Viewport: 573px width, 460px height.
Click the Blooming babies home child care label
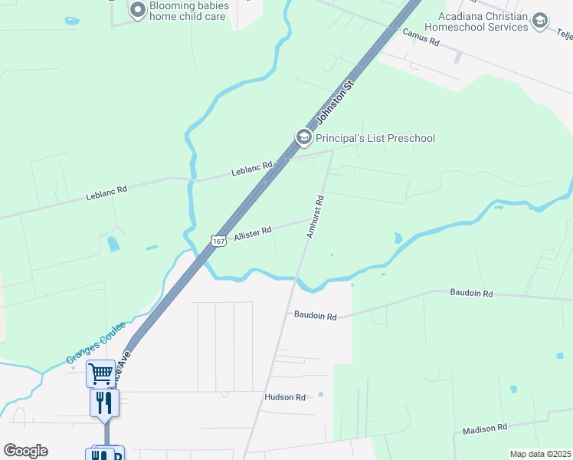[x=188, y=11]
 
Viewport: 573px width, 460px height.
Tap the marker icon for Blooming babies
[x=138, y=10]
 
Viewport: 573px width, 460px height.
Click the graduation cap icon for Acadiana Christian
[x=540, y=21]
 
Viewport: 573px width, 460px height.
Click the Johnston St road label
[x=338, y=103]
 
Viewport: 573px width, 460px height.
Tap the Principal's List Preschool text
[x=375, y=138]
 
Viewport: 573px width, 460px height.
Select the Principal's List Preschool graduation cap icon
[x=303, y=137]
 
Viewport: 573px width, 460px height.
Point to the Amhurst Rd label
[x=316, y=216]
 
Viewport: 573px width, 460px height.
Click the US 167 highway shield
[x=219, y=241]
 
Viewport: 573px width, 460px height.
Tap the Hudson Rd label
[x=285, y=397]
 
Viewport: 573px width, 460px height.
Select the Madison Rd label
[x=485, y=428]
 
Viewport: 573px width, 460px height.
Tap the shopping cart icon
[x=101, y=373]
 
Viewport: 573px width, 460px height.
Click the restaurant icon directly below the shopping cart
[x=104, y=402]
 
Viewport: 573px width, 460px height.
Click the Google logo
[x=25, y=451]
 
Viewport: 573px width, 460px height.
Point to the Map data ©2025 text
[x=540, y=454]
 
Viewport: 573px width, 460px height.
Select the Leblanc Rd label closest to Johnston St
[x=252, y=169]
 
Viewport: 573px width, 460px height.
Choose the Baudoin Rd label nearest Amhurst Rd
[x=315, y=316]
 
